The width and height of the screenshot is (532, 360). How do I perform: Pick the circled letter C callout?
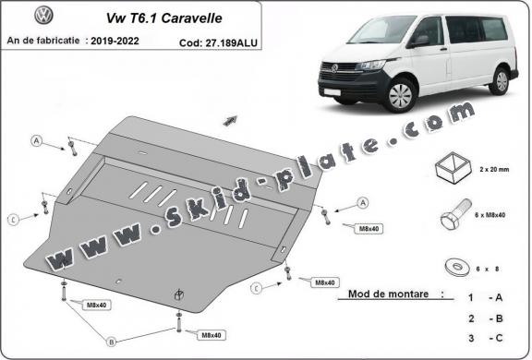(x=14, y=219)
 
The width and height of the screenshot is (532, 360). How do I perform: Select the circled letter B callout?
(x=110, y=341)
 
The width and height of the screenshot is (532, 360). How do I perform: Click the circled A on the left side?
(x=37, y=140)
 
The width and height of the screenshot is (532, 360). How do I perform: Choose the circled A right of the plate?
(x=362, y=202)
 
